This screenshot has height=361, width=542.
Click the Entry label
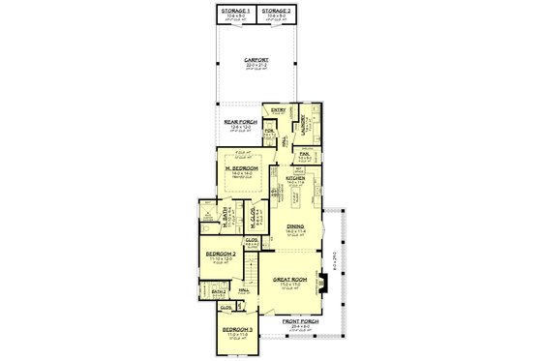pyautogui.click(x=278, y=110)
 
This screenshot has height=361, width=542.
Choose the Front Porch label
pyautogui.click(x=297, y=320)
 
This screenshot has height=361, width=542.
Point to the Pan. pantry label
pyautogui.click(x=304, y=154)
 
